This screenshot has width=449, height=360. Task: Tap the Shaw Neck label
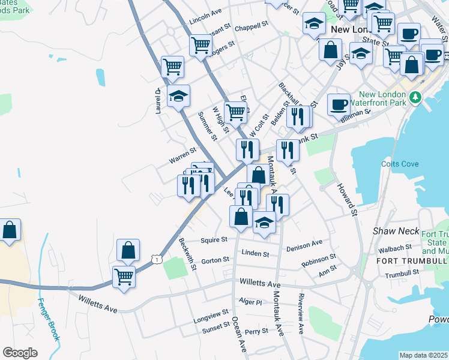coord(389,230)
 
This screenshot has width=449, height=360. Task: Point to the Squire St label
coord(215,239)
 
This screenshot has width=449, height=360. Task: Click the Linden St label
coord(255,254)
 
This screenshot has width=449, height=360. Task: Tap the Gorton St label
coord(215,260)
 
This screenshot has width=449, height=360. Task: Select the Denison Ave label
coord(304,245)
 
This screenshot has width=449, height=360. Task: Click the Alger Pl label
coord(251,302)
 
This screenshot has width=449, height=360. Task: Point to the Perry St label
coord(256,331)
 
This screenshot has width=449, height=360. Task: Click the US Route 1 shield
coord(157,258)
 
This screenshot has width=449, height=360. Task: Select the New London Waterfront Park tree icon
coord(414,97)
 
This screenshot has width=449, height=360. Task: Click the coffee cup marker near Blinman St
coord(339,104)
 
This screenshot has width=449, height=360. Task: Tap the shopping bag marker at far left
coord(10,230)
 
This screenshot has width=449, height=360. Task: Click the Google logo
coord(20,353)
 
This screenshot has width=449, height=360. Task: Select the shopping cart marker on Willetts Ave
coord(124,278)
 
